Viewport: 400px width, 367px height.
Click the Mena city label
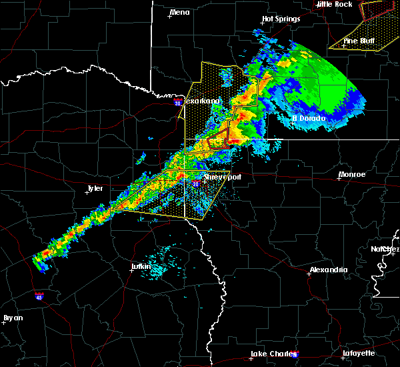pyautogui.click(x=180, y=12)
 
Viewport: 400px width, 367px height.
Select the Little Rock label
pyautogui.click(x=334, y=4)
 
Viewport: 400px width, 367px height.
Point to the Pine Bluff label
pyautogui.click(x=359, y=40)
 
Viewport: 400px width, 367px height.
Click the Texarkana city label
pyautogui.click(x=202, y=101)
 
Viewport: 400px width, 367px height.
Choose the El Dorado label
pyautogui.click(x=309, y=118)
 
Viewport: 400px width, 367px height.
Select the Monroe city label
pyautogui.click(x=352, y=174)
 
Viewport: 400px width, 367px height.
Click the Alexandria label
pyautogui.click(x=328, y=270)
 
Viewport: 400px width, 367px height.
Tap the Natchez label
pyautogui.click(x=385, y=249)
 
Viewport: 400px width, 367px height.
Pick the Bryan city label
pyautogui.click(x=13, y=318)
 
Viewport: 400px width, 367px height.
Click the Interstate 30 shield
pyautogui.click(x=177, y=103)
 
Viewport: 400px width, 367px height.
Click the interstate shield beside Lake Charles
pyautogui.click(x=295, y=355)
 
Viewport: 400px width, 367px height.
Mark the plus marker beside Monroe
pyautogui.click(x=337, y=178)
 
